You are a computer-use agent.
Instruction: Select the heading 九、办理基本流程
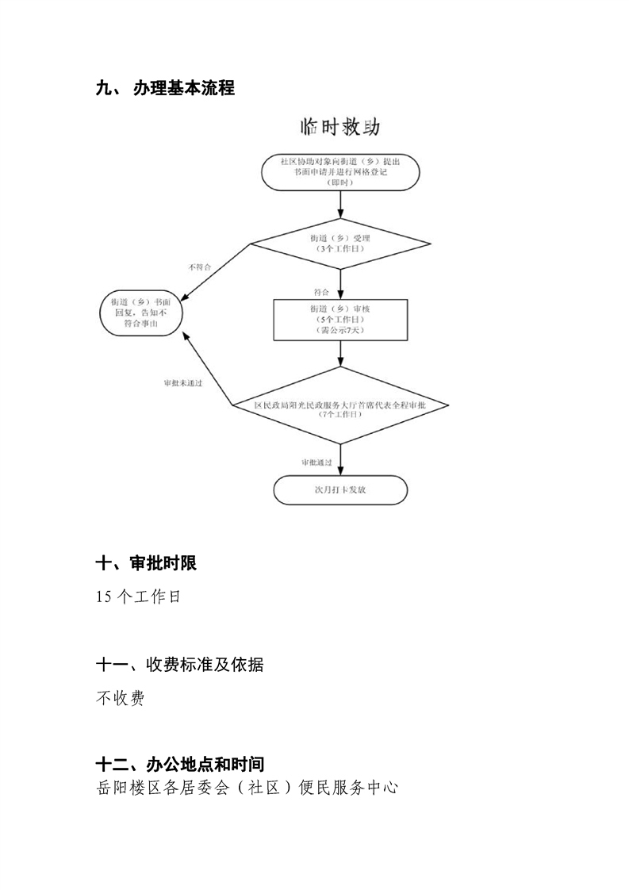(x=165, y=88)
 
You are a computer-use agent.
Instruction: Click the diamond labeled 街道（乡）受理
(x=340, y=243)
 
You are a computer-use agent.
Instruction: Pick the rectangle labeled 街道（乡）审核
(x=340, y=318)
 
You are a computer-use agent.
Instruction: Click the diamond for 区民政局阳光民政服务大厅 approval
(x=340, y=409)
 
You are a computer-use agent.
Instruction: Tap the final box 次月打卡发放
(x=340, y=490)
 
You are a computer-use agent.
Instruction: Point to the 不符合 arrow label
(x=199, y=267)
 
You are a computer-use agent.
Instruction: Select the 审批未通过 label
(x=183, y=383)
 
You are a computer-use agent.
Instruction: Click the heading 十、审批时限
(x=146, y=563)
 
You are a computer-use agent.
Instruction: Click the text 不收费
(x=120, y=699)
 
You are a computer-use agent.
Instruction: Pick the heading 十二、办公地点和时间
(x=179, y=765)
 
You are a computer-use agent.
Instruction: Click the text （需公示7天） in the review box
(x=340, y=329)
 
